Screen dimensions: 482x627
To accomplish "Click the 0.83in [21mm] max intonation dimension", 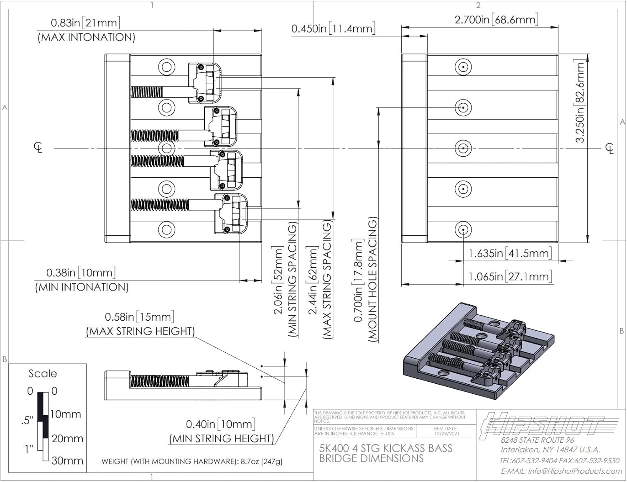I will [85, 23].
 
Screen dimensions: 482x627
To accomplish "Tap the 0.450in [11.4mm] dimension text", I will [333, 28].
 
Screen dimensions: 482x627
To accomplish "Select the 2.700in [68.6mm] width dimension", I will [496, 20].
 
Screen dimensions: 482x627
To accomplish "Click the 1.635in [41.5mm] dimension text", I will [509, 253].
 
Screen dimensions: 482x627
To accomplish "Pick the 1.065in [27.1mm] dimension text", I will [509, 276].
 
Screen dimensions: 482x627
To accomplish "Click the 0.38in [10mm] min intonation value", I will [80, 273].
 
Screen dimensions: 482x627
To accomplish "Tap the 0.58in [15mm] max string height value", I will [139, 317].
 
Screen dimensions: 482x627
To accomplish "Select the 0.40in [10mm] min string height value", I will [220, 424].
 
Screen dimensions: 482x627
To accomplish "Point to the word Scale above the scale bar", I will [43, 373].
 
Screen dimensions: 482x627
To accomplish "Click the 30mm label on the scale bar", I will [67, 461].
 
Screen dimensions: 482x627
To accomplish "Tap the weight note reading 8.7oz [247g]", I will [192, 462].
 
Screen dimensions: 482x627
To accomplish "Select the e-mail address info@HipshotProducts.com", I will [561, 471].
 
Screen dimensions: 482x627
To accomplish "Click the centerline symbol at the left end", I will [38, 148].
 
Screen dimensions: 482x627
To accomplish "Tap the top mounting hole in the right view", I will [463, 67].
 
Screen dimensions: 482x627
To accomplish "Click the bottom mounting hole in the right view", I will [463, 230].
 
